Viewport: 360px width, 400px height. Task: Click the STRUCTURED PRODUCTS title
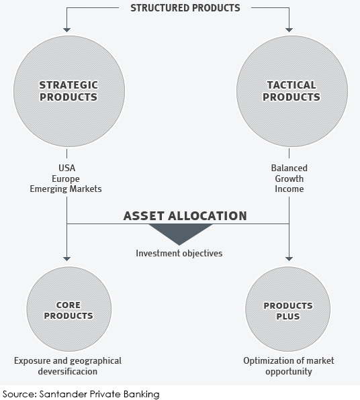pos(185,8)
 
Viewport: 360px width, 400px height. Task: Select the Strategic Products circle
pos(69,91)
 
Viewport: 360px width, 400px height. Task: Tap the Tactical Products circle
pos(292,91)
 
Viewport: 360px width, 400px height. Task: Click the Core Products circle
pos(69,309)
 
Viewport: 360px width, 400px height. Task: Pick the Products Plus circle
pos(287,309)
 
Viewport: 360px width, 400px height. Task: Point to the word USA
pos(67,168)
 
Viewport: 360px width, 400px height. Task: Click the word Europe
pos(66,179)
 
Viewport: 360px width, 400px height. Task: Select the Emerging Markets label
pos(66,189)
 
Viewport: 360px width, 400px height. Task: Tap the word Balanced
pos(289,168)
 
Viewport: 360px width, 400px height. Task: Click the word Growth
pos(289,179)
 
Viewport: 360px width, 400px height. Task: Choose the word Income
pos(289,189)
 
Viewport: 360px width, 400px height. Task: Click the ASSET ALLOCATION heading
pos(185,216)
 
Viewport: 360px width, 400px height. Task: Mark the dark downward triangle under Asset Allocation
pos(180,232)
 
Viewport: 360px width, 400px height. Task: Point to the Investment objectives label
pos(179,253)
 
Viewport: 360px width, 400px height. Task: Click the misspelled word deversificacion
pos(68,371)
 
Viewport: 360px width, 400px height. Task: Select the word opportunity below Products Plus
pos(289,372)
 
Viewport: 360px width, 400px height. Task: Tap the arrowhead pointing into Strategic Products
pos(66,30)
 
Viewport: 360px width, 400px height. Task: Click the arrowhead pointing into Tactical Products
pos(289,30)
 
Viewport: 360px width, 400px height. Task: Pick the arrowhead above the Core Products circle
pos(66,259)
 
